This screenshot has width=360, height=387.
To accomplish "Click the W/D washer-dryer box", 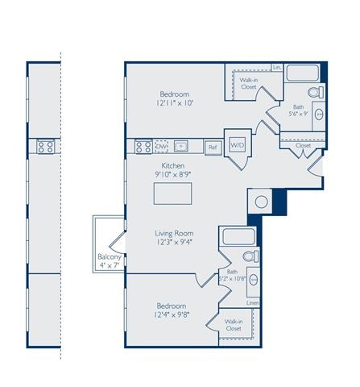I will (238, 146).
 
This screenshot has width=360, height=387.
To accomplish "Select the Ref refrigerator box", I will (213, 148).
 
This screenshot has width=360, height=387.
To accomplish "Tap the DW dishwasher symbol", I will (162, 147).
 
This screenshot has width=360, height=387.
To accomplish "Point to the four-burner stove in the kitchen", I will (143, 147).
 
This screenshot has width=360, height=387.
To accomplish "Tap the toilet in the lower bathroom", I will (250, 256).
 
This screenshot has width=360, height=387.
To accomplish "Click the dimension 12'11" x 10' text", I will (176, 102).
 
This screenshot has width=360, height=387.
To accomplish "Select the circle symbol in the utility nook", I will (262, 203).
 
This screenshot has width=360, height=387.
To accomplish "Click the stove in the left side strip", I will (45, 147).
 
